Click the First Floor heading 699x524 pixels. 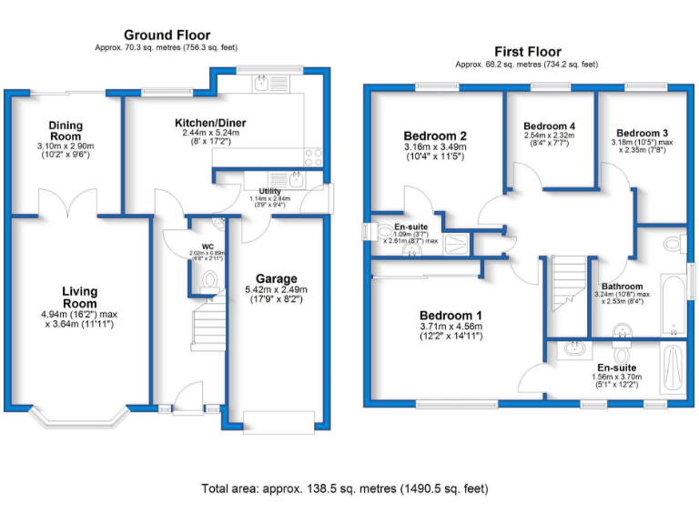[527, 52]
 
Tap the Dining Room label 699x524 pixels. [66, 131]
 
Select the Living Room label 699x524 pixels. [79, 297]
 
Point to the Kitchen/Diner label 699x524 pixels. [210, 123]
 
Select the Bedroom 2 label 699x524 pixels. [434, 136]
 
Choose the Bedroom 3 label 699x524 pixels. [641, 132]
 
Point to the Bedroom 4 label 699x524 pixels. [549, 126]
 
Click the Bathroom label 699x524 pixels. [622, 287]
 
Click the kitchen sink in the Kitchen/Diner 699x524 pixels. [262, 85]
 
